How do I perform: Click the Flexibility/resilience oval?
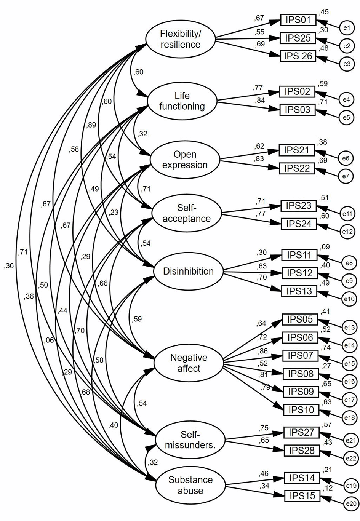click(x=181, y=39)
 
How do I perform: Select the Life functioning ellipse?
click(x=182, y=101)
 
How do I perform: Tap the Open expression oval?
click(x=185, y=160)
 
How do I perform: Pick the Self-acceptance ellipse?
click(x=187, y=213)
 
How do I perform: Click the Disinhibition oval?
click(x=188, y=272)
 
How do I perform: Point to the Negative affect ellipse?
click(x=189, y=363)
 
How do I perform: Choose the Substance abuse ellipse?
click(x=191, y=485)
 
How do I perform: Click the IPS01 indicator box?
click(x=298, y=19)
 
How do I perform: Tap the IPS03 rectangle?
click(x=297, y=110)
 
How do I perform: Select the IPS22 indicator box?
click(x=297, y=168)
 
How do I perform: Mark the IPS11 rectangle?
click(x=299, y=255)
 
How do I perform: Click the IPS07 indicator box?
click(x=300, y=356)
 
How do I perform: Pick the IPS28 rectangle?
click(x=302, y=451)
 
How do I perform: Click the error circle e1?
click(x=346, y=28)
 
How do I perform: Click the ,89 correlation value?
click(x=91, y=125)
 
